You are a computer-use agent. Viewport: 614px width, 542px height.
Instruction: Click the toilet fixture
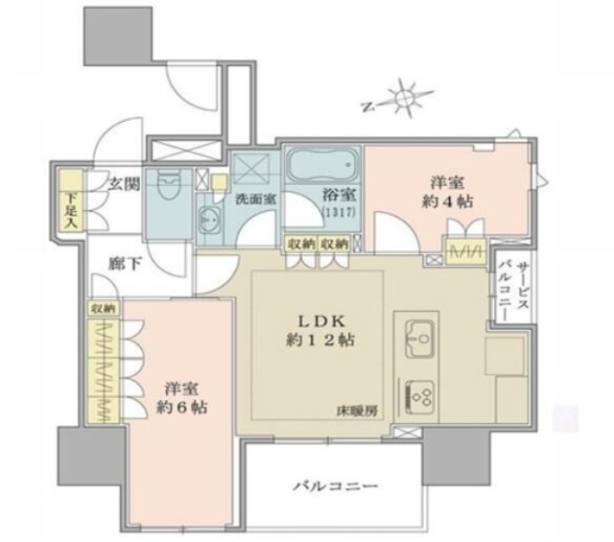coord(169,186)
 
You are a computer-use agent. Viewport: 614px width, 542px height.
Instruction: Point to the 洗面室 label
coord(256,199)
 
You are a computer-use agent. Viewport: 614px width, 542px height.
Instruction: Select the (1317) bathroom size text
coord(337,212)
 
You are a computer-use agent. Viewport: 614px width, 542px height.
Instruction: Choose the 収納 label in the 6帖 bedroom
coord(103,309)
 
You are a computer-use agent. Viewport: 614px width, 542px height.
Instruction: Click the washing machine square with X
coord(252,169)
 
